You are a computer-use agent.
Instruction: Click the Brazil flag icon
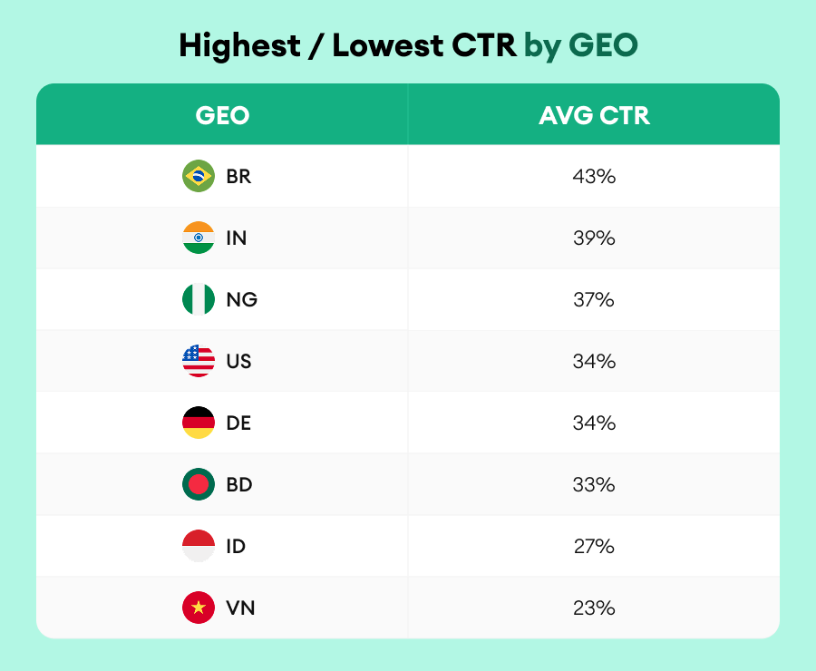coord(199,176)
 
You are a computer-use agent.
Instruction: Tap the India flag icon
coord(199,238)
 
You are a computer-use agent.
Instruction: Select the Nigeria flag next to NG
coord(199,299)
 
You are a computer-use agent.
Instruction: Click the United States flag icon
coord(199,361)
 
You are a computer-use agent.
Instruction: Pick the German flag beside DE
coord(199,423)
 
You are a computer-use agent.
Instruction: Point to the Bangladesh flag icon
coord(199,484)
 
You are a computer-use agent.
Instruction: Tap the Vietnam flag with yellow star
coord(199,608)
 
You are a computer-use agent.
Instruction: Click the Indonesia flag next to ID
coord(199,546)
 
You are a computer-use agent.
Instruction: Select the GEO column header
coord(222,116)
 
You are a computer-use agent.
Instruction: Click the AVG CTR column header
coord(594,116)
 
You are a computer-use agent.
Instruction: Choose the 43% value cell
coord(594,177)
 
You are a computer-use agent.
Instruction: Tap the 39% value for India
coord(594,238)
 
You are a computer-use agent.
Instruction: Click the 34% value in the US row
coord(594,362)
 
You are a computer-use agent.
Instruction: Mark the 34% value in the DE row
coord(594,423)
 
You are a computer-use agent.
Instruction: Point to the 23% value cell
coord(594,608)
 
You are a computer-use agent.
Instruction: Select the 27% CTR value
coord(594,547)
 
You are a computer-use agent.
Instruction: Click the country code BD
coord(239,485)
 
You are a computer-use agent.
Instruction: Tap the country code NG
coord(241,300)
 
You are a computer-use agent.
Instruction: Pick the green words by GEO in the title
coord(580,45)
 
